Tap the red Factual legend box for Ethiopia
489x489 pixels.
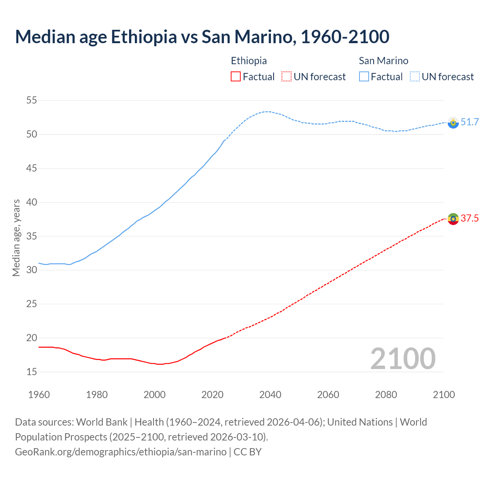[x=236, y=76]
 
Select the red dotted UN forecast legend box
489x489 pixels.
[x=287, y=76]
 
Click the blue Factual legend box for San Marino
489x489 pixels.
[x=364, y=76]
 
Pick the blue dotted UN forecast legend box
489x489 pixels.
[x=415, y=76]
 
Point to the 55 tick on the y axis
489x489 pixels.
[x=31, y=100]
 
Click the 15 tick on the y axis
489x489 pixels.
[x=31, y=372]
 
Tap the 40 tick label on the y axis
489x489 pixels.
[x=31, y=202]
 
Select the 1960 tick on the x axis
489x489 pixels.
[x=39, y=395]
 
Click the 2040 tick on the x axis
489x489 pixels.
[x=270, y=395]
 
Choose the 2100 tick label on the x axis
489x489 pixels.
[x=444, y=395]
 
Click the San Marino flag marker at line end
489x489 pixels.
[x=453, y=123]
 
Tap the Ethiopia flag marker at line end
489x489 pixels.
[x=453, y=219]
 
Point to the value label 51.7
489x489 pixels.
[x=470, y=122]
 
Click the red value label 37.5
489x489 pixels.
[x=470, y=218]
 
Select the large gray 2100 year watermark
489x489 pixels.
[x=403, y=358]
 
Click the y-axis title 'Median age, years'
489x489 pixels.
[x=16, y=238]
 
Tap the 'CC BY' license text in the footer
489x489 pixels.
[x=248, y=452]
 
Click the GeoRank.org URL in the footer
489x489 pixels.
[x=121, y=452]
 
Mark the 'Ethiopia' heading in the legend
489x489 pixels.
[x=249, y=61]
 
